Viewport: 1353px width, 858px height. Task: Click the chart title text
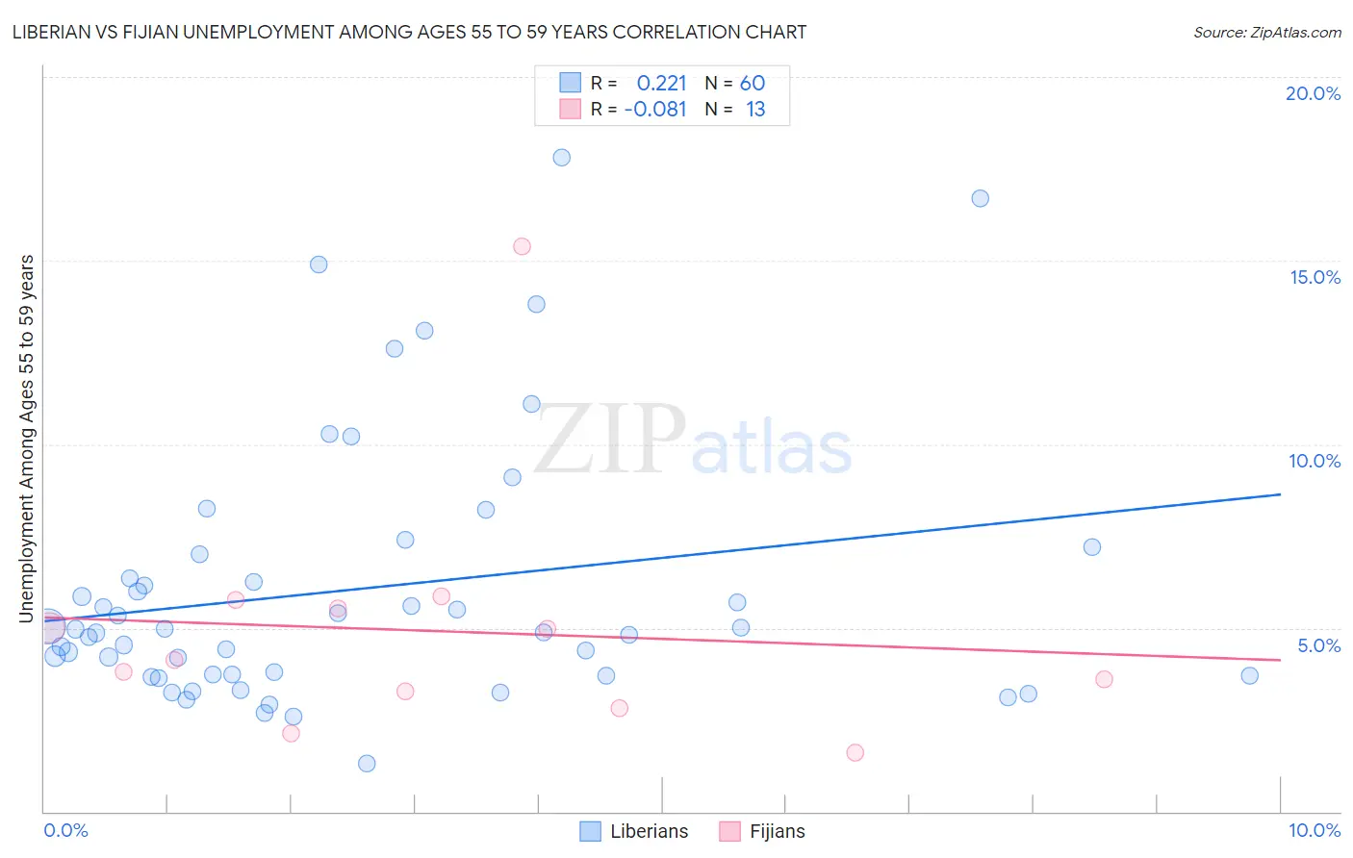pos(409,32)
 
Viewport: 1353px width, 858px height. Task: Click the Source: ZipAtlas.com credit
pos(1266,32)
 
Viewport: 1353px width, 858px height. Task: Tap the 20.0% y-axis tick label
pos(1313,93)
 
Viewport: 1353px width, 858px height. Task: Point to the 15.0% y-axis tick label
pos(1315,277)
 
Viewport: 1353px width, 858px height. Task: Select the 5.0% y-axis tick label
pos(1318,645)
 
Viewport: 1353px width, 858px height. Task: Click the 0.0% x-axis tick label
pos(65,830)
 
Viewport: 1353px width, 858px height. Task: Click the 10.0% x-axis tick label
pos(1314,830)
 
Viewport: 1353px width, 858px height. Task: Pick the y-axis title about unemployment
pos(26,439)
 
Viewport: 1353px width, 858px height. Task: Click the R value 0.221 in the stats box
pos(661,84)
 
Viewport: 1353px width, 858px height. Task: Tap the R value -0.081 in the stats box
pos(655,110)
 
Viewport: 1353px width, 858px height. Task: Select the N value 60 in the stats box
pos(753,84)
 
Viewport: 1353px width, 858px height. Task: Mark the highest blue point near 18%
pos(562,158)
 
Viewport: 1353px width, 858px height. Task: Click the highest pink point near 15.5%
pos(522,246)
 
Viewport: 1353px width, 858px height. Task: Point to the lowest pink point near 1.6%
pos(855,753)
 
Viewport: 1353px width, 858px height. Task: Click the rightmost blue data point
pos(1249,676)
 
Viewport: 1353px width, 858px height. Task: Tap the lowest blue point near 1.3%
pos(367,764)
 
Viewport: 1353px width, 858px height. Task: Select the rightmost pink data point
pos(1104,680)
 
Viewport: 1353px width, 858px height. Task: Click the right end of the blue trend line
pos(1280,494)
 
